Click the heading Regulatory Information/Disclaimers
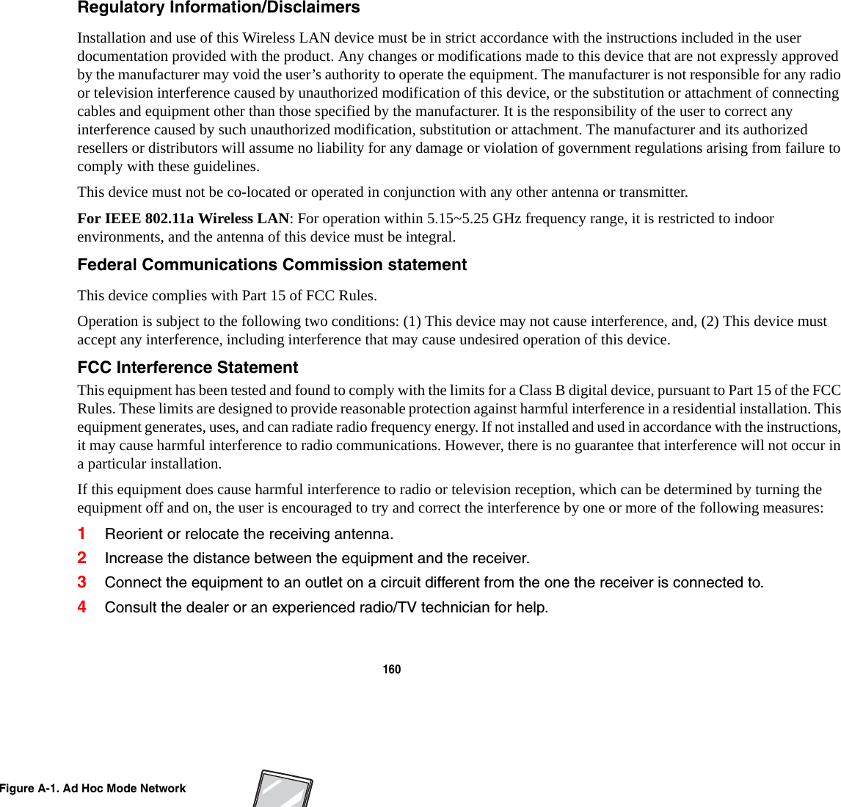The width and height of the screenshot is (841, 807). (219, 8)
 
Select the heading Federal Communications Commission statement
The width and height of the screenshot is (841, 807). (272, 265)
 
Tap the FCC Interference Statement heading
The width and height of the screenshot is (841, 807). (188, 368)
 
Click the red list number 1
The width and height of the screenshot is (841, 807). (82, 534)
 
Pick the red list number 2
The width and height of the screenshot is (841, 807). (82, 558)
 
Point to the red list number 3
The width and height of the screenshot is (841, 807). (82, 582)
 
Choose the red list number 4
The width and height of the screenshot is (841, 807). (82, 607)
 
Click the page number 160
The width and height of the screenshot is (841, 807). (392, 670)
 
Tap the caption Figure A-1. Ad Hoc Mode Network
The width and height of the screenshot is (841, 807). (93, 789)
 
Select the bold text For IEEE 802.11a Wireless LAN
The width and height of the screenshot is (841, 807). (183, 219)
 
